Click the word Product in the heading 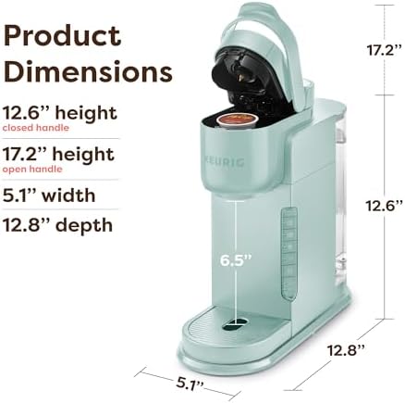[62, 35]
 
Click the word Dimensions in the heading [88, 71]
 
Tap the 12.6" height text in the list [60, 113]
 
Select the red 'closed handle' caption [36, 128]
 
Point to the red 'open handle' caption [32, 170]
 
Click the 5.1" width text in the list [49, 195]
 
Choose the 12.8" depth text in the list [57, 225]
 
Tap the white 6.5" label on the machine [236, 260]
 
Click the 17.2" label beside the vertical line [385, 50]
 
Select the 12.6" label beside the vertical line [385, 206]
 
